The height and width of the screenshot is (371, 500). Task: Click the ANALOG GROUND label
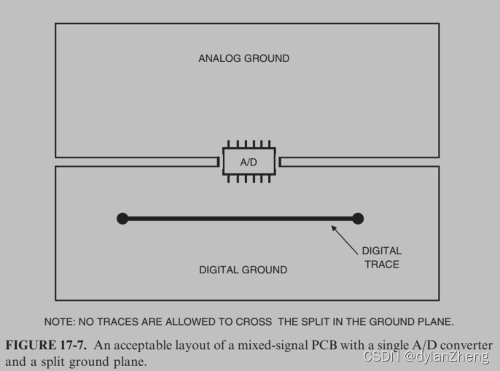pos(243,58)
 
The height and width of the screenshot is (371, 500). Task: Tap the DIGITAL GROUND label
pos(243,270)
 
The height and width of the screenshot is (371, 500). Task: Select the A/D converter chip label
pos(249,162)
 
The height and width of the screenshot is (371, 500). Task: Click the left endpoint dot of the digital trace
pos(122,218)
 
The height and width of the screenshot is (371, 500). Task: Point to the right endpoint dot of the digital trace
pos(357,218)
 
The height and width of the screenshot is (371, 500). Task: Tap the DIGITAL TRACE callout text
pos(381,257)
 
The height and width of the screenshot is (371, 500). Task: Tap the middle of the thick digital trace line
pos(240,218)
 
